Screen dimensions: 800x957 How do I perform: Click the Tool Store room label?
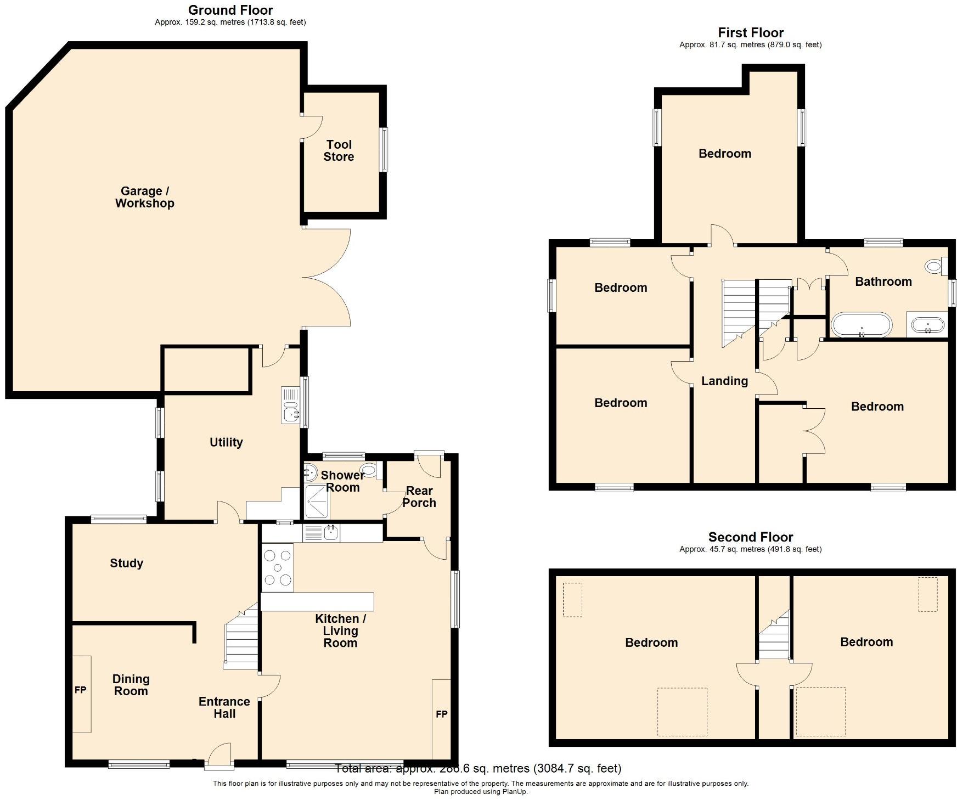[339, 151]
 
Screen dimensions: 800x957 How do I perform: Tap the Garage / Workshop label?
[145, 197]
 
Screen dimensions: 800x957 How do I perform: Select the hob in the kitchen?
[278, 567]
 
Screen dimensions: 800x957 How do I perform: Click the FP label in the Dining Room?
[81, 690]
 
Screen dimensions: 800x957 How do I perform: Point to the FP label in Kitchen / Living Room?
[442, 714]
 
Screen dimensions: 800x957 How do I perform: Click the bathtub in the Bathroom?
[862, 325]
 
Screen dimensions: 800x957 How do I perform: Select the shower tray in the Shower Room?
[317, 502]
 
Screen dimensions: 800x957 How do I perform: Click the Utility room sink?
[291, 405]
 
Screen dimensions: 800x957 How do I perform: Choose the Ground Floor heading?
[230, 10]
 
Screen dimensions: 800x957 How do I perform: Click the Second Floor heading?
[750, 537]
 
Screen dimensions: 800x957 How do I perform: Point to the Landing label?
[724, 381]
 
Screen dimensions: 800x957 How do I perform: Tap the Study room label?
[126, 563]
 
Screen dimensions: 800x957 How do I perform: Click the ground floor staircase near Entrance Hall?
[241, 639]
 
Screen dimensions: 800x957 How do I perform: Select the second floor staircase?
[774, 636]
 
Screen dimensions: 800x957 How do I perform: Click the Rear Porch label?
[419, 497]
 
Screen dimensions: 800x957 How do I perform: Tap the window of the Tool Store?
[384, 150]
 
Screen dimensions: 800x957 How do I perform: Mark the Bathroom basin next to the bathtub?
[928, 325]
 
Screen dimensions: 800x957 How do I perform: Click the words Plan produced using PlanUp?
[480, 792]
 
